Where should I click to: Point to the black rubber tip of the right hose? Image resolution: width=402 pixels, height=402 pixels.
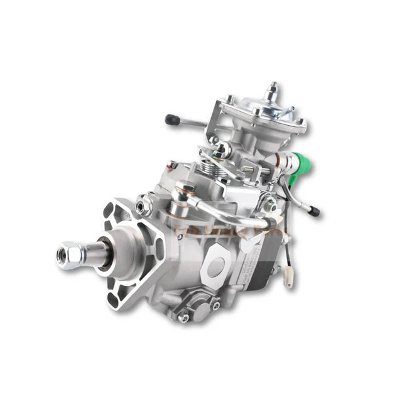[313, 212]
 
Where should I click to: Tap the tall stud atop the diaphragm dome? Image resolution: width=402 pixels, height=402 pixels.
[272, 89]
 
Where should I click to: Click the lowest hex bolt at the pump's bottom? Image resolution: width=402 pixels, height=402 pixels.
[184, 317]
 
